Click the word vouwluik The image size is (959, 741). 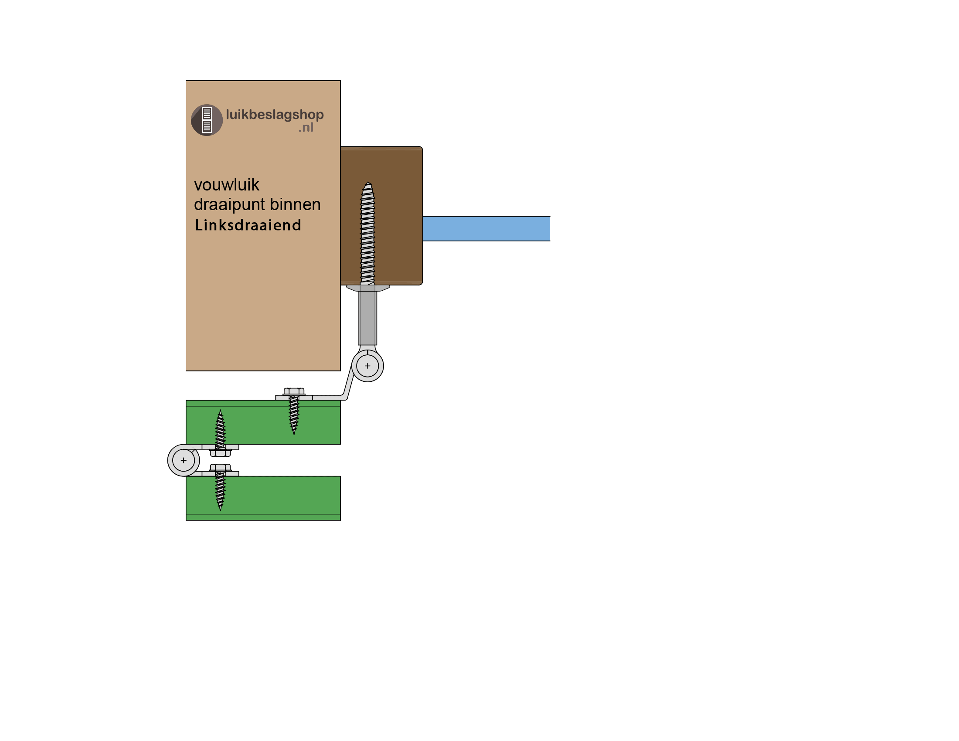click(227, 185)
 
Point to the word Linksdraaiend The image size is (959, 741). click(248, 225)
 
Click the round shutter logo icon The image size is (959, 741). click(207, 120)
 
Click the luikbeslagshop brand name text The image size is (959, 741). click(275, 115)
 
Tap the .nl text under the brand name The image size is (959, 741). click(306, 128)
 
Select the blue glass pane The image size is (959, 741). click(486, 228)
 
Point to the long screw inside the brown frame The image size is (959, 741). click(367, 233)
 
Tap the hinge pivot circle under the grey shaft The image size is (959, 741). click(367, 366)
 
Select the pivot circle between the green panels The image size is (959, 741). click(184, 460)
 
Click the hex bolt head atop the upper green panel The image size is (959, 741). click(294, 391)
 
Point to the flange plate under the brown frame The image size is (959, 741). click(368, 288)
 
